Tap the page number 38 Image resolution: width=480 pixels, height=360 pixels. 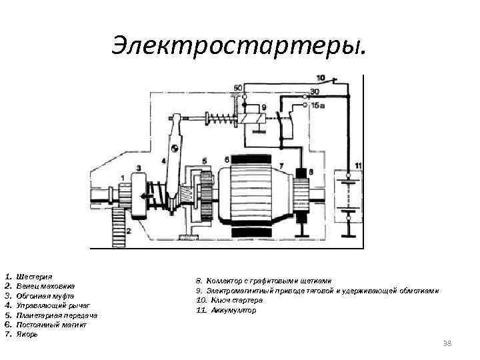tap(447, 343)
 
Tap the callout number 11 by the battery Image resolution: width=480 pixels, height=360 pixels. tap(359, 165)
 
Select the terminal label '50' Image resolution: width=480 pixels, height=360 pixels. tap(237, 89)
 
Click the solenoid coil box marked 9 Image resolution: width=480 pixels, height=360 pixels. tap(254, 119)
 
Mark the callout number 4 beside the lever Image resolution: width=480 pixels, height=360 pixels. tap(163, 161)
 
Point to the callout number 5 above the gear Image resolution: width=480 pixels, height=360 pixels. tap(204, 161)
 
